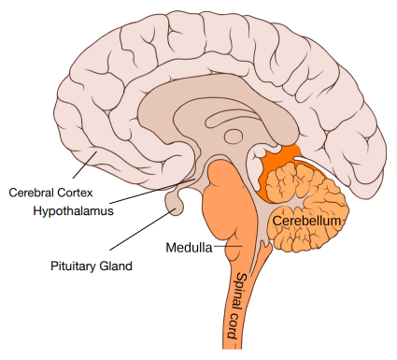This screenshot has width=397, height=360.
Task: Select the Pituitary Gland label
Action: click(92, 266)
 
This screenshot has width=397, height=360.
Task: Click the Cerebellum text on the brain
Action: click(308, 221)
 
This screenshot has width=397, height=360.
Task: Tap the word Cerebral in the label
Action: click(30, 194)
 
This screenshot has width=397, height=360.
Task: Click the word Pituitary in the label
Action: click(73, 266)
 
